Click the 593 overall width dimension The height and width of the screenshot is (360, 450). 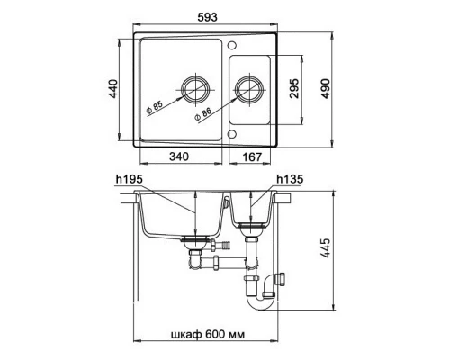[207, 17]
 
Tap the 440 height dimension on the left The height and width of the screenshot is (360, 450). [113, 89]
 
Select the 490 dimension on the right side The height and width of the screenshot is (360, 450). [325, 89]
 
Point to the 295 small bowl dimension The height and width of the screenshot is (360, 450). [294, 89]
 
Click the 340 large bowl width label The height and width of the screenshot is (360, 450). [179, 157]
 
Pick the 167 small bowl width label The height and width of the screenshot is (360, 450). [252, 157]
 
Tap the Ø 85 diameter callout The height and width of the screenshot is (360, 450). [155, 108]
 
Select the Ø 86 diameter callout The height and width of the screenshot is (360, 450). [203, 114]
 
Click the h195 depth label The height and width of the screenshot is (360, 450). [130, 179]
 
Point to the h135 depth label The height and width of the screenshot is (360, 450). [290, 179]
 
